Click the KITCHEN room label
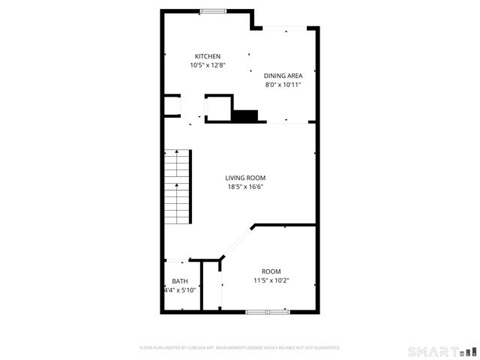[x=208, y=56]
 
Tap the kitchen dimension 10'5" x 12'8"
[x=208, y=65]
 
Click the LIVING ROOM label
[x=246, y=178]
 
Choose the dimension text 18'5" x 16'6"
[x=246, y=187]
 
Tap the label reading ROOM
[x=271, y=271]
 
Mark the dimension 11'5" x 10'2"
[x=271, y=280]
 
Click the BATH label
[x=180, y=281]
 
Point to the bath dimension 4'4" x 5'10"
[x=180, y=290]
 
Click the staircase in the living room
[x=178, y=187]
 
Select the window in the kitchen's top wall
[x=213, y=10]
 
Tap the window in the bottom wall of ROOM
[x=268, y=310]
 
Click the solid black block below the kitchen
[x=244, y=115]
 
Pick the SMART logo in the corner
[x=442, y=351]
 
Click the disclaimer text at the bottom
[x=240, y=348]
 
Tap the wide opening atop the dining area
[x=285, y=29]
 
